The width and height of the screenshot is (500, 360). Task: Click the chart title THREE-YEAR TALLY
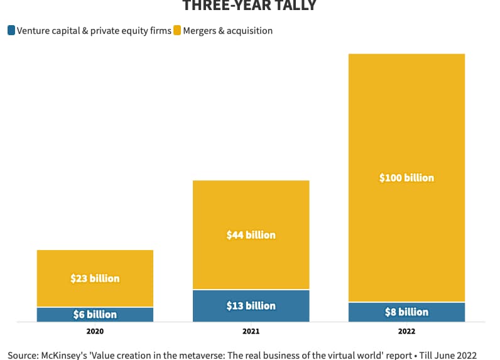[x=249, y=6]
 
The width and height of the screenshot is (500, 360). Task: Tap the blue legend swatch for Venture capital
[x=11, y=30]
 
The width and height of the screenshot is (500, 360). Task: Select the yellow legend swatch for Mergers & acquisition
[x=178, y=30]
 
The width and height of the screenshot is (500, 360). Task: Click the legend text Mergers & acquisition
[x=228, y=30]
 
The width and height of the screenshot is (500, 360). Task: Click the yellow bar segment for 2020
[x=95, y=264]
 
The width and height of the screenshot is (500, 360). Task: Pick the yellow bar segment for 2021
[x=251, y=207]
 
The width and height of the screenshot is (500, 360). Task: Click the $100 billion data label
[x=406, y=178]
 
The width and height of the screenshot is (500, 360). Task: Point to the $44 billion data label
[x=251, y=235]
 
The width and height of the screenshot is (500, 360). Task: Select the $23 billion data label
[x=95, y=278]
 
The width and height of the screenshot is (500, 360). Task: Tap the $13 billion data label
[x=251, y=305]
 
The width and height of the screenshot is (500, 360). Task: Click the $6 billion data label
[x=95, y=314]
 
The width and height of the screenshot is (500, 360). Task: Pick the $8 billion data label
[x=406, y=312]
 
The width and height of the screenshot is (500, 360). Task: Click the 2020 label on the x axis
[x=95, y=331]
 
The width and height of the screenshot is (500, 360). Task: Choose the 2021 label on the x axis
[x=251, y=331]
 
